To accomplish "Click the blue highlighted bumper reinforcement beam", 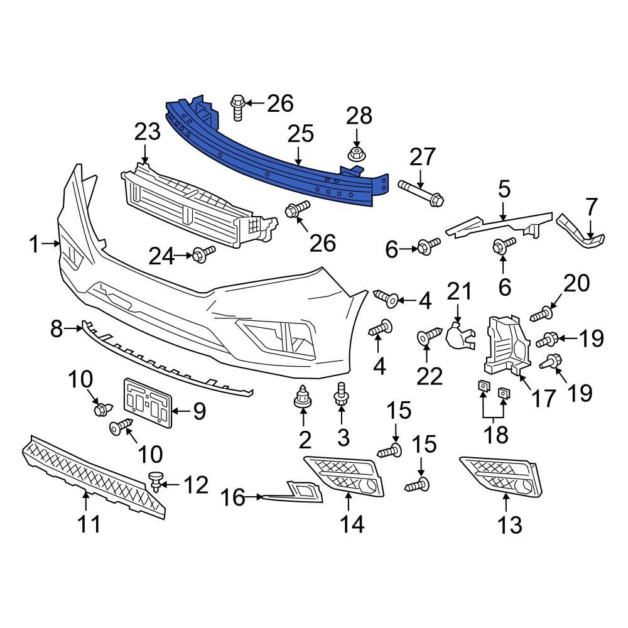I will pyautogui.click(x=276, y=157).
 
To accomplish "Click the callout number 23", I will pyautogui.click(x=148, y=133).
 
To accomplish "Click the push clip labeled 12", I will pyautogui.click(x=155, y=482).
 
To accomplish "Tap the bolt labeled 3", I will pyautogui.click(x=341, y=394).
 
